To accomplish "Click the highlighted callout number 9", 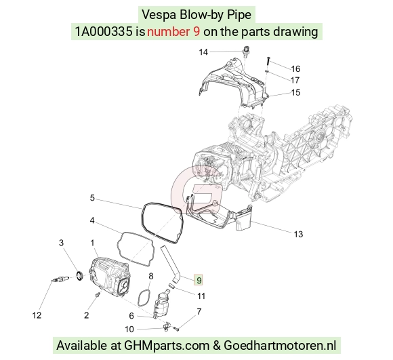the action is pyautogui.click(x=199, y=280).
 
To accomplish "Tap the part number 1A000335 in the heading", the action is pyautogui.click(x=104, y=32).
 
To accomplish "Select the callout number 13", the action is pyautogui.click(x=298, y=234).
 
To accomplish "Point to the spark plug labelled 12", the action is pyautogui.click(x=60, y=279).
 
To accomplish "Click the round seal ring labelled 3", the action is pyautogui.click(x=80, y=275).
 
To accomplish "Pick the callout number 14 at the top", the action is pyautogui.click(x=203, y=52).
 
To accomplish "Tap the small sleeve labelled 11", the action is pyautogui.click(x=171, y=285).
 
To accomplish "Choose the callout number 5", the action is pyautogui.click(x=92, y=198).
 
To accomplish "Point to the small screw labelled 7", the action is pyautogui.click(x=176, y=329).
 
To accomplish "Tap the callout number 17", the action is pyautogui.click(x=295, y=80).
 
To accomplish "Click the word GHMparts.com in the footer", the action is pyautogui.click(x=167, y=346).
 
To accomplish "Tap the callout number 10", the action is pyautogui.click(x=129, y=329).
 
